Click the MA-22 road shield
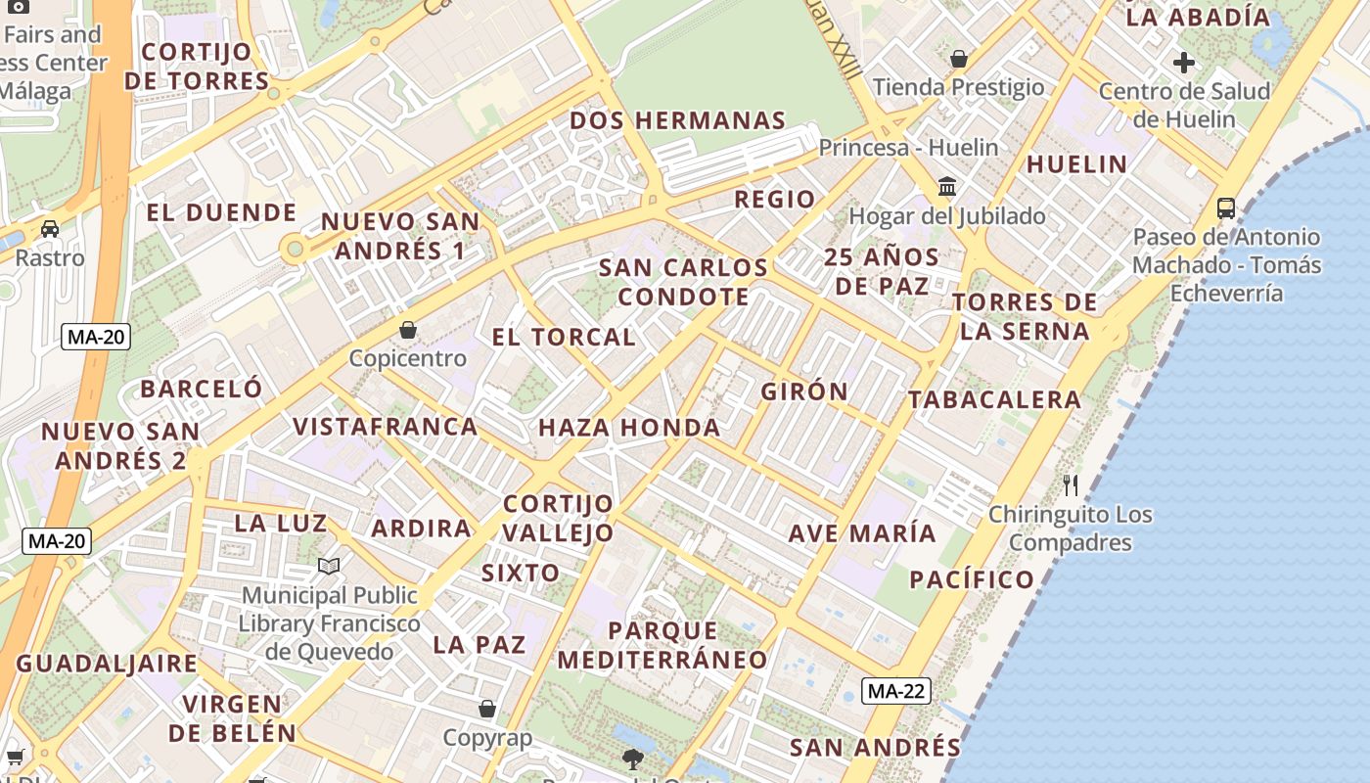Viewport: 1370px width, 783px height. click(896, 691)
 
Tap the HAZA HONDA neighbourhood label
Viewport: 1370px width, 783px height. click(629, 428)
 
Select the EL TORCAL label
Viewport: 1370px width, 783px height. click(564, 338)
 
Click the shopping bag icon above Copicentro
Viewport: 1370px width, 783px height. click(408, 330)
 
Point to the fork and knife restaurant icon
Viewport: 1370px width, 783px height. click(1071, 484)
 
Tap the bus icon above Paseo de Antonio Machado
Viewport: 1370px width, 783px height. click(1225, 207)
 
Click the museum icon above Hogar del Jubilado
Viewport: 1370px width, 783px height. click(946, 186)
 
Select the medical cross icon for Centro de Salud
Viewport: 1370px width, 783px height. click(1184, 64)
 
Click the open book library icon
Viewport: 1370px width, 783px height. click(329, 566)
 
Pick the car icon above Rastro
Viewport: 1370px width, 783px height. click(50, 229)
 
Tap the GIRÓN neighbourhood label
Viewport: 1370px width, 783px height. click(805, 391)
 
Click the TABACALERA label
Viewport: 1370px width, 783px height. click(994, 399)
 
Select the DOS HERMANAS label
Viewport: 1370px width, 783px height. click(677, 121)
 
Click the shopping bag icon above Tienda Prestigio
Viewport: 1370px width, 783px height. click(959, 59)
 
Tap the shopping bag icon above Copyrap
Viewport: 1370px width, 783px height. click(486, 709)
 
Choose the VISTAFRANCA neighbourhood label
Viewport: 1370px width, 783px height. click(386, 427)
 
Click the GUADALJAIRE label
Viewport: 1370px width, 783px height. click(107, 664)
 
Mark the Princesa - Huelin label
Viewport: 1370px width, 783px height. click(908, 148)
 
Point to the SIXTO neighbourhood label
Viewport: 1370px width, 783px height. click(521, 573)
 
